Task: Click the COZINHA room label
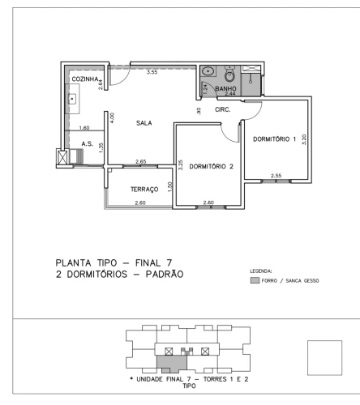pyautogui.click(x=85, y=79)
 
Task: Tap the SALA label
pyautogui.click(x=144, y=123)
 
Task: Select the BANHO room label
pyautogui.click(x=225, y=88)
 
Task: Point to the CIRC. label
pyautogui.click(x=223, y=109)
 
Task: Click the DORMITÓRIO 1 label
pyautogui.click(x=274, y=139)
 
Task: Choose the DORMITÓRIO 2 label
pyautogui.click(x=211, y=166)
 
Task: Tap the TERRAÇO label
pyautogui.click(x=144, y=190)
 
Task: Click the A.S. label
pyautogui.click(x=88, y=144)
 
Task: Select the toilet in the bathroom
pyautogui.click(x=229, y=74)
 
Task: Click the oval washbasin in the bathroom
pyautogui.click(x=208, y=71)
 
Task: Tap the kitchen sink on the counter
pyautogui.click(x=72, y=99)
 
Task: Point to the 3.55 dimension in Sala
pyautogui.click(x=152, y=72)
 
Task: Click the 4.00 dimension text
pyautogui.click(x=113, y=117)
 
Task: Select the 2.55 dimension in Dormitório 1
pyautogui.click(x=276, y=176)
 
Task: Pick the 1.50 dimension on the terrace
pyautogui.click(x=170, y=187)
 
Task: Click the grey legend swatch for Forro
pyautogui.click(x=255, y=280)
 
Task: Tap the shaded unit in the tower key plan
pyautogui.click(x=172, y=363)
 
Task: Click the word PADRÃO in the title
pyautogui.click(x=165, y=274)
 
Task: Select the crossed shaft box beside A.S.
pyautogui.click(x=62, y=157)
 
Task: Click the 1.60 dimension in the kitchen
pyautogui.click(x=84, y=128)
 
